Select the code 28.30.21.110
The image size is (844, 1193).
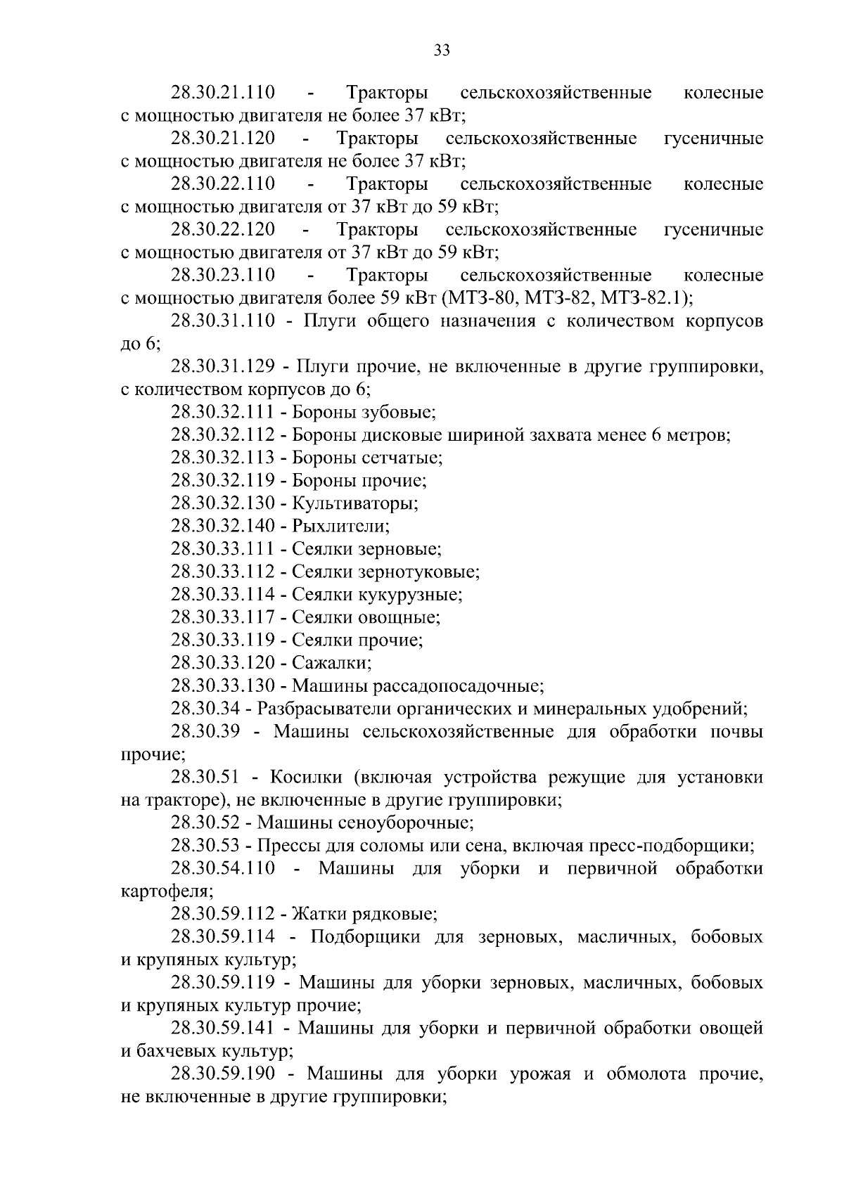pyautogui.click(x=223, y=93)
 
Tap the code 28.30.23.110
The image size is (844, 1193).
pyautogui.click(x=223, y=275)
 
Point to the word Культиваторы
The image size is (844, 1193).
pyautogui.click(x=355, y=503)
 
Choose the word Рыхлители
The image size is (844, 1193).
pyautogui.click(x=340, y=526)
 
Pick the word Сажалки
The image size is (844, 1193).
pyautogui.click(x=331, y=663)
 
